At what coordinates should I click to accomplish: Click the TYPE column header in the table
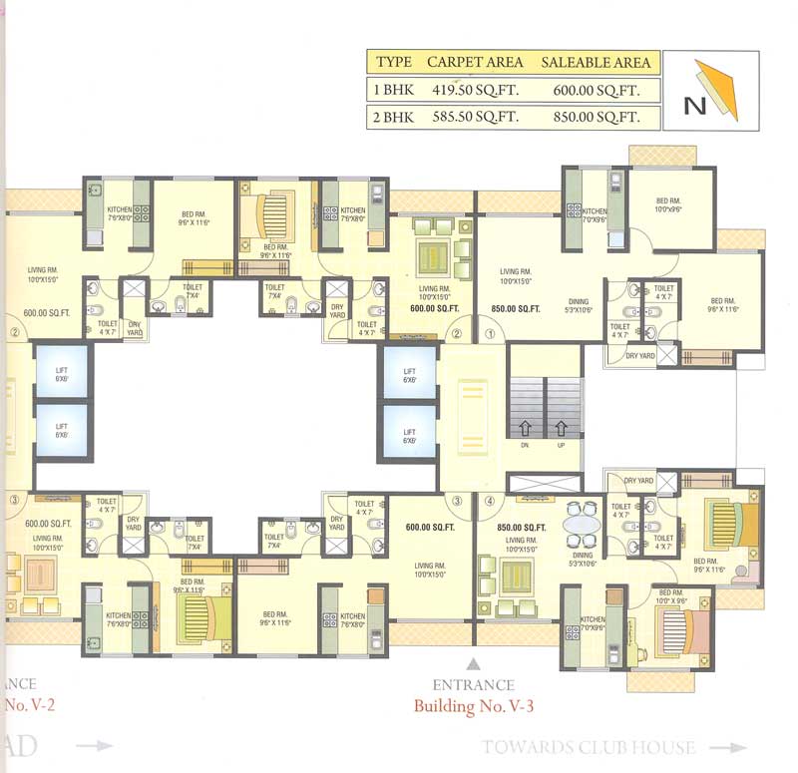point(393,62)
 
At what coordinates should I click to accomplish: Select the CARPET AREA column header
point(475,62)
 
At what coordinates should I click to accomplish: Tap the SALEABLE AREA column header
point(596,62)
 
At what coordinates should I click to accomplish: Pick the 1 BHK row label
point(393,90)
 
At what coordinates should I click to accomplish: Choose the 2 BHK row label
point(393,117)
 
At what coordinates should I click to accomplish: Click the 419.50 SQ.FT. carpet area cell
point(475,90)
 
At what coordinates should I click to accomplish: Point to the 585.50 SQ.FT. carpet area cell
point(475,117)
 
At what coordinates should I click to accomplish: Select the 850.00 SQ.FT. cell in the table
point(596,117)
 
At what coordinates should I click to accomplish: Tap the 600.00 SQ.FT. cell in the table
point(596,90)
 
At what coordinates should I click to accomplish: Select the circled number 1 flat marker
point(490,335)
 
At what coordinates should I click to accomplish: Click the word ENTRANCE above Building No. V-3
point(474,685)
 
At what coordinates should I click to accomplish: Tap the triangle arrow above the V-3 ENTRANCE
point(474,661)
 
